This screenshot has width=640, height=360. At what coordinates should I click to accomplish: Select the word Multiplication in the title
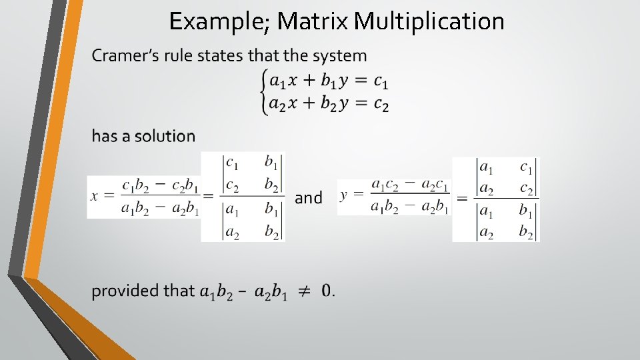coord(429,22)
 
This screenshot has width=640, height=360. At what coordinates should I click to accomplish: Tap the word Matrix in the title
coord(312,22)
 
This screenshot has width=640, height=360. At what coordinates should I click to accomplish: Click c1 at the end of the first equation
coord(381,81)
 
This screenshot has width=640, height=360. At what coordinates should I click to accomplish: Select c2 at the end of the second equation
coord(381,103)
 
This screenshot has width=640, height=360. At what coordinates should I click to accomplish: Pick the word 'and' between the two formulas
coord(308,198)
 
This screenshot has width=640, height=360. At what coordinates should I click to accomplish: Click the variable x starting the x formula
coord(94,195)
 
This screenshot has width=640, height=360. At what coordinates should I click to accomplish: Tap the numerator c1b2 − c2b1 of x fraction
coord(160,185)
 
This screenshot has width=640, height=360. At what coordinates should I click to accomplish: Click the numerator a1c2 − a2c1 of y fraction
coord(410,184)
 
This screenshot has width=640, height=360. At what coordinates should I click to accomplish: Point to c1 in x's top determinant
coord(232,163)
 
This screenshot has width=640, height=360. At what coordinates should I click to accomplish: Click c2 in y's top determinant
coord(526,189)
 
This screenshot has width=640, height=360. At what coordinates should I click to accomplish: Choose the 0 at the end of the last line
coord(326,291)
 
